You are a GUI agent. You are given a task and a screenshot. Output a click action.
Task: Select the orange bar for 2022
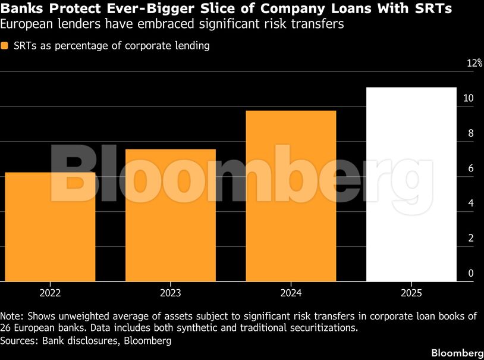pos(51,227)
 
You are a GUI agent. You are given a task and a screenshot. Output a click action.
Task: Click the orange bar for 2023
pos(171,215)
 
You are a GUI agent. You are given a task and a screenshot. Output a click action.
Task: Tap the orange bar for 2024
pos(291,196)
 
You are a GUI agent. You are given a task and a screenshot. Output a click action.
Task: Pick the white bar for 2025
pos(411,184)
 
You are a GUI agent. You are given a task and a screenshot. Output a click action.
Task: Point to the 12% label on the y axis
pos(474,63)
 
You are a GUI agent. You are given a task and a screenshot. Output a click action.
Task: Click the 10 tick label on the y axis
pos(469,98)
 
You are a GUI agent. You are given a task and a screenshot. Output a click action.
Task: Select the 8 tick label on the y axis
pos(471,133)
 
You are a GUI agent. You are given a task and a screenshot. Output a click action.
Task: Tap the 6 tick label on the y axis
pos(471,168)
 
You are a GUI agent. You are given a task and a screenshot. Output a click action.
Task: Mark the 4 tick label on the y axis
pos(471,203)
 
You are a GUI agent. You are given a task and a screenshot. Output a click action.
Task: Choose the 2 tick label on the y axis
pos(471,238)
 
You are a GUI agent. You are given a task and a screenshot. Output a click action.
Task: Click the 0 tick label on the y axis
pos(471,273)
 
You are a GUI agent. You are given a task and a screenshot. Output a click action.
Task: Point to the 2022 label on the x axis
pos(51,293)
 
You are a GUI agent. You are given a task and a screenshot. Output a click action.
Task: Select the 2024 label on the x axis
pos(291,293)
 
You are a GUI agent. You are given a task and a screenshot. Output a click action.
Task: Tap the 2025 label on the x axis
pos(411,293)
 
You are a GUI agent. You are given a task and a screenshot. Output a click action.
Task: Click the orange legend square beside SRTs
pos(4,46)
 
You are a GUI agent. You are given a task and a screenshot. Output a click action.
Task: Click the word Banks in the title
pos(21,8)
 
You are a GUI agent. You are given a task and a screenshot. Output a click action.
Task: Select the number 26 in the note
pos(5,327)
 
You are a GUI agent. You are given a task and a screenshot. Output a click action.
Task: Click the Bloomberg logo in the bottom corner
pos(457,353)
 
